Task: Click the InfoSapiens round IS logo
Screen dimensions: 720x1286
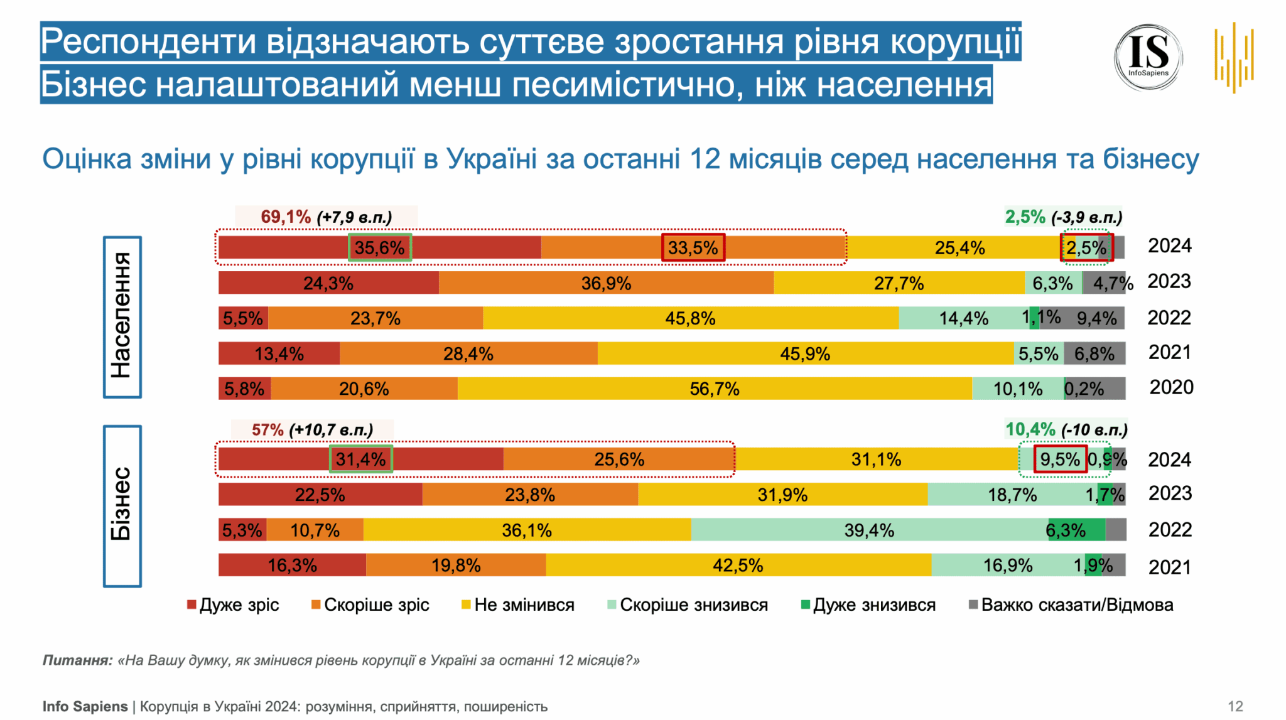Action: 1148,58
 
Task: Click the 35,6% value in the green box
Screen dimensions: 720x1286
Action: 380,247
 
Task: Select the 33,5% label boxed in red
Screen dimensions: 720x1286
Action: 693,247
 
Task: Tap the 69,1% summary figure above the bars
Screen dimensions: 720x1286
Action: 286,217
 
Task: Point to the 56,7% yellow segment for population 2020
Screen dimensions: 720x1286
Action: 715,389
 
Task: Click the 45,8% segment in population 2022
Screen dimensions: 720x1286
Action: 690,318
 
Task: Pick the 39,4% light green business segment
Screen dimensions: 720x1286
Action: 869,530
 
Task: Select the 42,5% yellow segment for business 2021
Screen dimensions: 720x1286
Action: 738,566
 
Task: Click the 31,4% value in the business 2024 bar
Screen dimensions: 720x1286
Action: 361,459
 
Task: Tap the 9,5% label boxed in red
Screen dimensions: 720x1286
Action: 1060,459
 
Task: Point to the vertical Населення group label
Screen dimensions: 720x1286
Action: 122,317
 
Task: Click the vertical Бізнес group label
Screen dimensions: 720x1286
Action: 122,505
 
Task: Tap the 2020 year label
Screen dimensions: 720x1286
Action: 1171,387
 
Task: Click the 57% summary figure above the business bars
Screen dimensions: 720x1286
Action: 267,430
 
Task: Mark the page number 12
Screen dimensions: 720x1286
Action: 1235,706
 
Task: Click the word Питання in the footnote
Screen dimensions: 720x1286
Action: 77,660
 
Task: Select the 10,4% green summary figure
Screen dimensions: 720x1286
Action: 1030,430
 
